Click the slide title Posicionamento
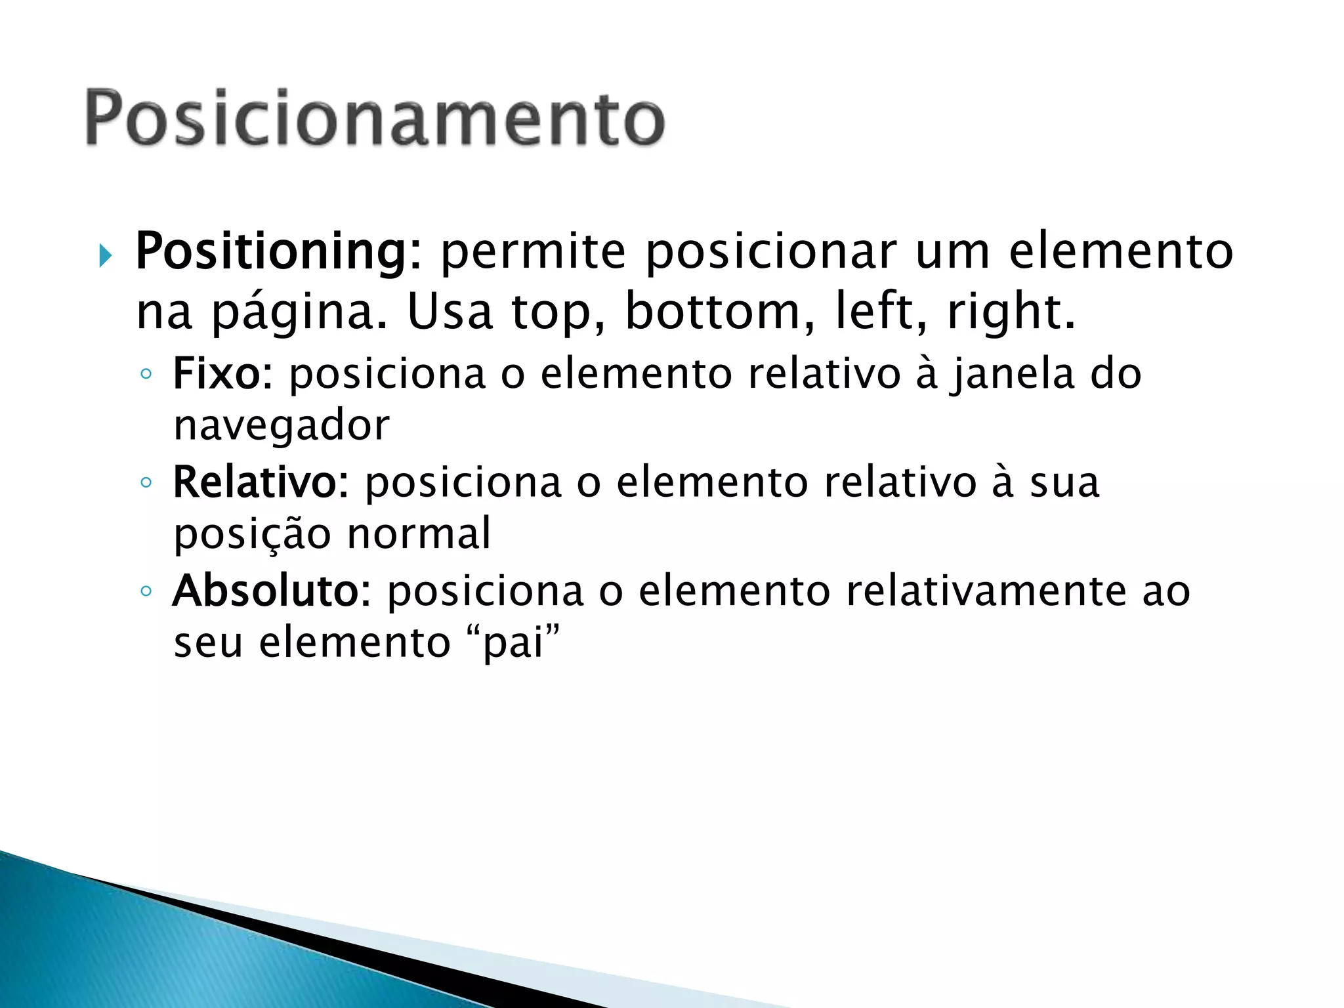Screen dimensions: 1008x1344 375,118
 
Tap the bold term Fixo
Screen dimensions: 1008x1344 217,373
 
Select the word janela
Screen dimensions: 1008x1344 1014,375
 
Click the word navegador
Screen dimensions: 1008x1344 282,427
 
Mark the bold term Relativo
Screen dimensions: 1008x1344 255,482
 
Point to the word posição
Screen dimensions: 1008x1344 252,535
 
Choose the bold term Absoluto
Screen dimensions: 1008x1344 266,590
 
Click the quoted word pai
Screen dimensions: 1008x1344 514,642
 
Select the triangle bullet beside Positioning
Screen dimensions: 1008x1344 106,255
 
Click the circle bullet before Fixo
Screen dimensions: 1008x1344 146,375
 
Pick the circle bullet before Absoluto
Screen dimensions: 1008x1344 146,591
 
